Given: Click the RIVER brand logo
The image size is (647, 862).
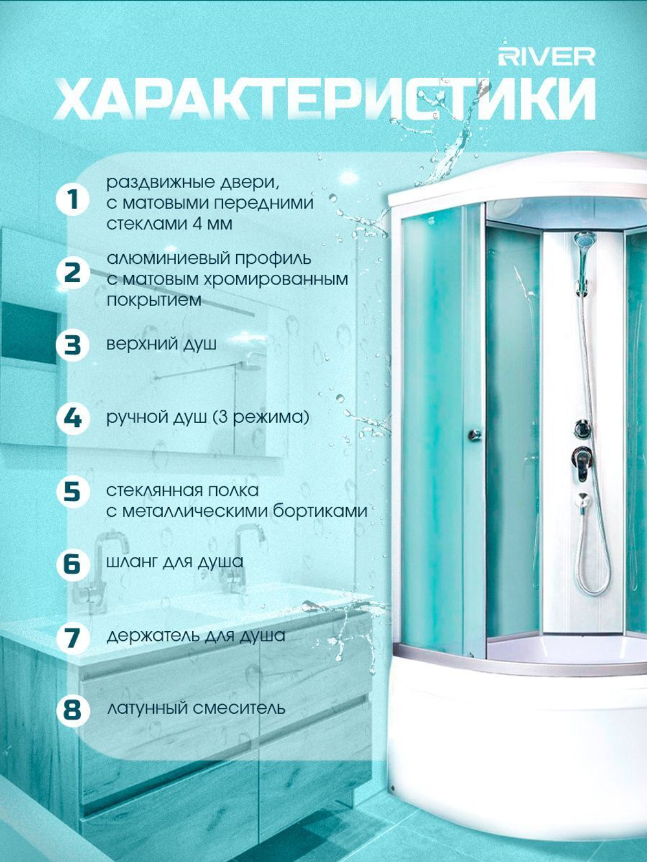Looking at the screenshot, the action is coord(547,58).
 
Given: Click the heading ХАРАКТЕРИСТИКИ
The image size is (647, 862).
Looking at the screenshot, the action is coord(325,99).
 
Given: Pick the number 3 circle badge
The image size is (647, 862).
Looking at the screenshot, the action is coord(73,345).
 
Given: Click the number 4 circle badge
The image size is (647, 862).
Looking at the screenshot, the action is coord(73,418).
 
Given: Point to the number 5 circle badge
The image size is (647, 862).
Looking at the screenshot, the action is coord(73,491).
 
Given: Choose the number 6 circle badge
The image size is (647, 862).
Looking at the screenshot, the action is coord(73,564).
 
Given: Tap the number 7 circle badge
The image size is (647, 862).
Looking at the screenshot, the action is coord(73,637).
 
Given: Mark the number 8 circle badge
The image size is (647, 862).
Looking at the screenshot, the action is coord(73,710).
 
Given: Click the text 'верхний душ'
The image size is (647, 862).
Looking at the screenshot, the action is coord(162,345).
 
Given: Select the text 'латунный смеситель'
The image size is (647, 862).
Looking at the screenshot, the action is coord(195,709).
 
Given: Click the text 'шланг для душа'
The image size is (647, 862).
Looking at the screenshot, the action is coord(175,562).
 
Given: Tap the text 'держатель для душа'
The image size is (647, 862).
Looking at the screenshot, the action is coord(195,636).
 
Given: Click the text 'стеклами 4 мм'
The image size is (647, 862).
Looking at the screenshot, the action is coord(170,224).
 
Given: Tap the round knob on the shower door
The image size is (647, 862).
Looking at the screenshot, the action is coord(474,434).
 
